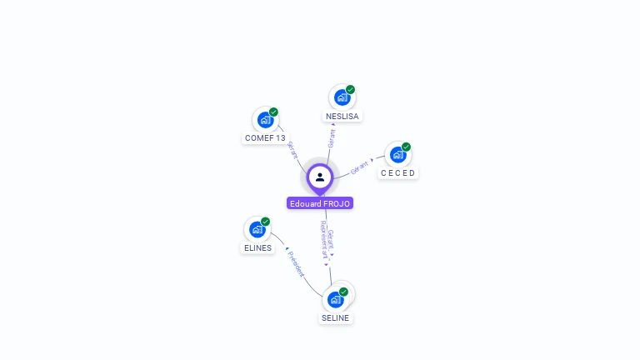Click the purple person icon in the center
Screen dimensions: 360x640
pyautogui.click(x=320, y=177)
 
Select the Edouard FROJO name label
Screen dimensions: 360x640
pyautogui.click(x=320, y=203)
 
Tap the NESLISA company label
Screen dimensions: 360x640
pyautogui.click(x=342, y=117)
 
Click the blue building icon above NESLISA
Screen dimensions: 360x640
pyautogui.click(x=340, y=98)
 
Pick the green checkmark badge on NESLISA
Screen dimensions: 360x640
pyautogui.click(x=351, y=89)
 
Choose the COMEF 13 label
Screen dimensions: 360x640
pyautogui.click(x=265, y=137)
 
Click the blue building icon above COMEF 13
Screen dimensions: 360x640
pyautogui.click(x=265, y=120)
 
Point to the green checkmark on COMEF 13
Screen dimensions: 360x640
pyautogui.click(x=274, y=112)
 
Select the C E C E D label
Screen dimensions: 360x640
pyautogui.click(x=397, y=173)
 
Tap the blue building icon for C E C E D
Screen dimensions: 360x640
pyautogui.click(x=397, y=155)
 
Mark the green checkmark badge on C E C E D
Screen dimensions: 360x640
pyautogui.click(x=407, y=147)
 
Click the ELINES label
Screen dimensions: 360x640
pyautogui.click(x=257, y=247)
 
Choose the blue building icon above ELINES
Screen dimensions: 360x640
pyautogui.click(x=257, y=229)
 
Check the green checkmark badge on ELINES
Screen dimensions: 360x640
pyautogui.click(x=266, y=222)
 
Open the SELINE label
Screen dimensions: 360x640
pyautogui.click(x=335, y=317)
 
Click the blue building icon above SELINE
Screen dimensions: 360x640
pyautogui.click(x=335, y=299)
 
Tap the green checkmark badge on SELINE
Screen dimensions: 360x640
pyautogui.click(x=344, y=292)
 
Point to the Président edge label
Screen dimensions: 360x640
pyautogui.click(x=296, y=263)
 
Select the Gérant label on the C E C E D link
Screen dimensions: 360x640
pyautogui.click(x=360, y=166)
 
